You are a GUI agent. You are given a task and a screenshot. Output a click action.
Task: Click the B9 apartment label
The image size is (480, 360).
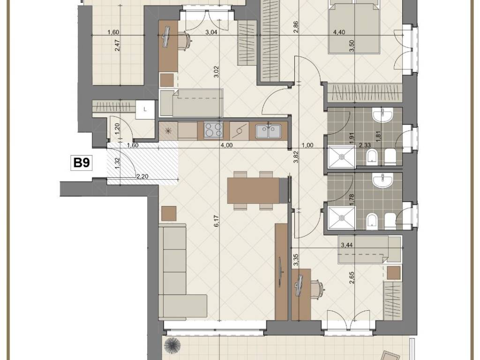point(82,162)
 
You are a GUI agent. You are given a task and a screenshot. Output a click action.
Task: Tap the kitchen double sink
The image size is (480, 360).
point(269,131)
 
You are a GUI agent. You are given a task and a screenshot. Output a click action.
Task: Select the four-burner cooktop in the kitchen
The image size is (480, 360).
point(213,130)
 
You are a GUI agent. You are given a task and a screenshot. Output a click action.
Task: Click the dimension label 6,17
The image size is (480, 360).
point(217,221)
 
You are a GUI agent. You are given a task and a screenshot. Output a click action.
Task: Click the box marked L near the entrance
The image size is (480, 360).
point(145,109)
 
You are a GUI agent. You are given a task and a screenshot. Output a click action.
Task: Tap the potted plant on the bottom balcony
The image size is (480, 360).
point(172,346)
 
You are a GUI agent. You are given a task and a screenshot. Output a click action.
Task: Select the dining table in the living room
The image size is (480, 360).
point(254,191)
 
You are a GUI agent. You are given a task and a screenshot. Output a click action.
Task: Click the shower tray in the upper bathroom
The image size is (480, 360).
point(342,157)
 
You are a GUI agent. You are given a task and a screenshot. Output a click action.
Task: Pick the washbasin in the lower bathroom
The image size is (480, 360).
point(382,180)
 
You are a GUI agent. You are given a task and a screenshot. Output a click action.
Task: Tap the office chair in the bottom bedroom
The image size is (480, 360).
point(317,289)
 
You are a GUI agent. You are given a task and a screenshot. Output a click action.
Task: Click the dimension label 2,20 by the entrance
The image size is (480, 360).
point(142,176)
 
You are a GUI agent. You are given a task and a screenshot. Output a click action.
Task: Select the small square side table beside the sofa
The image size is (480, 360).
point(169,213)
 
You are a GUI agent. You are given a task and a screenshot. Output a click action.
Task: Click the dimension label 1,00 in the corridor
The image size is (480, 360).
point(307,145)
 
